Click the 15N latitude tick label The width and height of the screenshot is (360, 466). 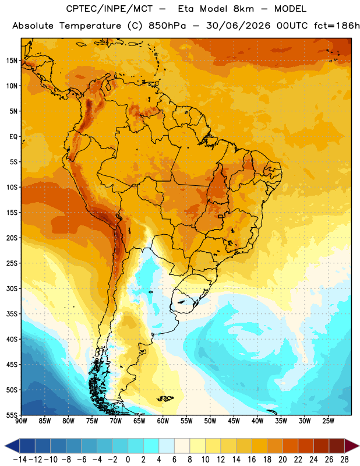click(x=12, y=61)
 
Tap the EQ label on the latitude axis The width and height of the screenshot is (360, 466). click(x=13, y=137)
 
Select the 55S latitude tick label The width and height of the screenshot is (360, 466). click(x=12, y=415)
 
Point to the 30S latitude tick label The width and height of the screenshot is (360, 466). click(x=12, y=288)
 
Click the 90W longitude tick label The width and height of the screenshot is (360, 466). click(x=22, y=421)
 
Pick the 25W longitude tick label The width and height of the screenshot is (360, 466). click(x=329, y=421)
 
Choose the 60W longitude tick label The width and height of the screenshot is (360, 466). click(x=163, y=421)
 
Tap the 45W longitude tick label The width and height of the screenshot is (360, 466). click(x=234, y=421)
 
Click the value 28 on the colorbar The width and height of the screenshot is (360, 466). click(x=344, y=460)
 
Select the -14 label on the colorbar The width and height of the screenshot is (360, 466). click(x=20, y=460)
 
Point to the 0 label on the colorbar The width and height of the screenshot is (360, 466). click(x=128, y=460)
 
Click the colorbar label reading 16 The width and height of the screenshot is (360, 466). click(x=252, y=460)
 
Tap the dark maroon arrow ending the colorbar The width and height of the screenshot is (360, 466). click(x=351, y=446)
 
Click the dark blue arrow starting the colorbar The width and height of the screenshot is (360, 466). click(x=12, y=446)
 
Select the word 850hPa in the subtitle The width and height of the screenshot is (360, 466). click(x=167, y=26)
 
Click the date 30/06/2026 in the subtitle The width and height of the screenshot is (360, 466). click(x=238, y=26)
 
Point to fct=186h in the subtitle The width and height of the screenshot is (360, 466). click(x=337, y=26)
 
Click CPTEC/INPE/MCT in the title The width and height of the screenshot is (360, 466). click(x=110, y=9)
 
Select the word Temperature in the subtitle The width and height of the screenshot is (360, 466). click(x=90, y=26)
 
